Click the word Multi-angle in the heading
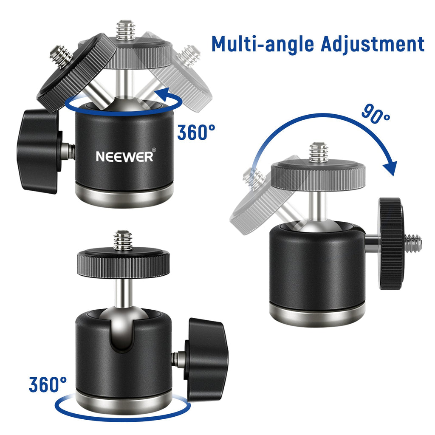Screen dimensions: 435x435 coord(263,44)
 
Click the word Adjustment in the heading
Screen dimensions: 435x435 coord(373,44)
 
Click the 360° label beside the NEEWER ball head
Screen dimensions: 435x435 coord(196,132)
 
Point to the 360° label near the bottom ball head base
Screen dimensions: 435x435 coord(48,384)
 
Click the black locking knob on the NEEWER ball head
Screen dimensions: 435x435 coord(40,151)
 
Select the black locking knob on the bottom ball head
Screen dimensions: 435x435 coord(207,360)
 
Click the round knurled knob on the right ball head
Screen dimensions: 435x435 coord(391,243)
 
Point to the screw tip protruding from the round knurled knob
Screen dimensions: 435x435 coord(413,243)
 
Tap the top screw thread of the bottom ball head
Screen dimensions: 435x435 coord(123,240)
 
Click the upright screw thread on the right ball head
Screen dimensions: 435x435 coord(319,153)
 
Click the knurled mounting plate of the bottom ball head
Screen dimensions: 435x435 coord(124,263)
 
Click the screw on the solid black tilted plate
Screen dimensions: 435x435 coord(61,56)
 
